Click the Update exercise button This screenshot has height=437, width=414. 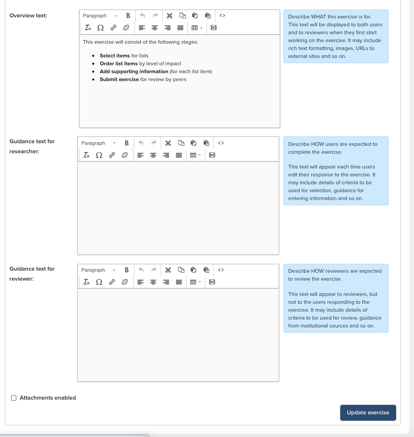pyautogui.click(x=368, y=412)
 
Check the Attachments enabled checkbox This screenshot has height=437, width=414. pyautogui.click(x=14, y=398)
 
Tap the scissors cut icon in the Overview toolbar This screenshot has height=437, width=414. pyautogui.click(x=169, y=16)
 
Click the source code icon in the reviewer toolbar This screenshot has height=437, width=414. pyautogui.click(x=221, y=270)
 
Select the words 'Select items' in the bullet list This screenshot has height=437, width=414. pyautogui.click(x=115, y=56)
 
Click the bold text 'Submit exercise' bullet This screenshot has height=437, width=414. pyautogui.click(x=120, y=80)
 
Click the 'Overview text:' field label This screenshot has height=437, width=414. pyautogui.click(x=28, y=16)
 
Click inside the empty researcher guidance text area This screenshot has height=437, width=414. pyautogui.click(x=178, y=207)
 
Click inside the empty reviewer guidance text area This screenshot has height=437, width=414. pyautogui.click(x=178, y=334)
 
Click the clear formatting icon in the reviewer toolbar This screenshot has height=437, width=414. pyautogui.click(x=86, y=282)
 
